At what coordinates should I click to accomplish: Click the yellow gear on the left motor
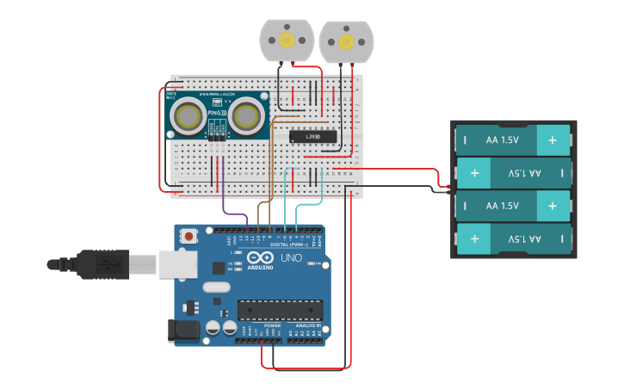coord(287,40)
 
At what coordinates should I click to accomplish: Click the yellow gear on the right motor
coord(346,41)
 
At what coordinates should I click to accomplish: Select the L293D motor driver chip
coord(312,136)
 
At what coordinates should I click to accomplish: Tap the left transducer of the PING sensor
coord(188,115)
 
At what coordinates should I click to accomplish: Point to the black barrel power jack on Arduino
coord(186,329)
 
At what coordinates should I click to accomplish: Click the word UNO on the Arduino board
coord(292,257)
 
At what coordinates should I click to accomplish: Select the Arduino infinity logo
coord(260,257)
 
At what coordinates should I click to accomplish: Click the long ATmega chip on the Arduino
coord(280,308)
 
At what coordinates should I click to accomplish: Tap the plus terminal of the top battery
coord(553,139)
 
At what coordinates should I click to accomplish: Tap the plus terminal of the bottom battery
coord(553,238)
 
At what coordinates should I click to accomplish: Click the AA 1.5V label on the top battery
coord(503,139)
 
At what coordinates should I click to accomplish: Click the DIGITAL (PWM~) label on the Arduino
coord(288,244)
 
